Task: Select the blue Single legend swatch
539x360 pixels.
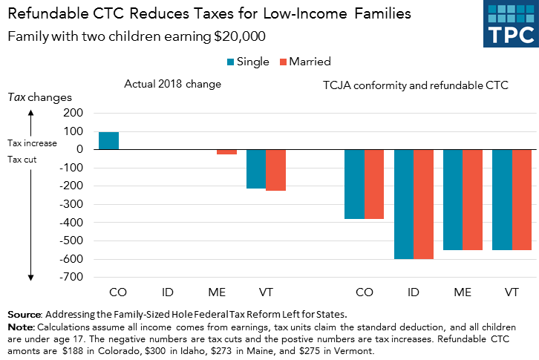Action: pos(229,62)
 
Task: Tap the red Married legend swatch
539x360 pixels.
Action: pos(283,62)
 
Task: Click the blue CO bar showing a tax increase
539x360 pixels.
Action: pos(109,140)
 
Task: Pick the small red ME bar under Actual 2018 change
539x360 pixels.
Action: pos(226,151)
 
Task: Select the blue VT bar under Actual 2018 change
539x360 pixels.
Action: pos(256,168)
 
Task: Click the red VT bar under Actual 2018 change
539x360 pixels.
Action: pos(275,170)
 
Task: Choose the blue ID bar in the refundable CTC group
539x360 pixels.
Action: pos(403,204)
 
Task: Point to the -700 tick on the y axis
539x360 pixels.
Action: pos(73,277)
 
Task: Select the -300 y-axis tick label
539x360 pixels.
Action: pos(73,204)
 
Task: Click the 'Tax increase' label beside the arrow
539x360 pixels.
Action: pos(32,143)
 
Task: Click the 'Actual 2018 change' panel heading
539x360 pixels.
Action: pos(172,85)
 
